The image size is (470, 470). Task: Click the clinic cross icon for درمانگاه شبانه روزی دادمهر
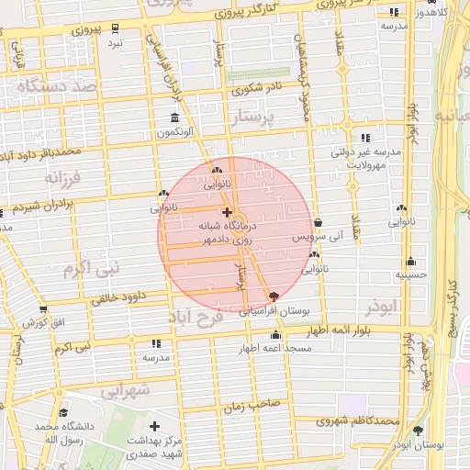click(x=227, y=213)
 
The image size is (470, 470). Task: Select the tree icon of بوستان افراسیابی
click(x=273, y=296)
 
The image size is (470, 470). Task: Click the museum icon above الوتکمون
click(x=175, y=117)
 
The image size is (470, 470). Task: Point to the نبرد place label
click(x=114, y=43)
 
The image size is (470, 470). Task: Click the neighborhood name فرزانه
click(x=62, y=176)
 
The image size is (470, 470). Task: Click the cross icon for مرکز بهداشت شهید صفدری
click(x=154, y=427)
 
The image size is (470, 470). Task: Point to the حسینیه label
click(x=410, y=274)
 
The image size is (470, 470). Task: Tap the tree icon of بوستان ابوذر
click(x=418, y=430)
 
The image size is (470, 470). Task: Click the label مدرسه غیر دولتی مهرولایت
click(x=365, y=158)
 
